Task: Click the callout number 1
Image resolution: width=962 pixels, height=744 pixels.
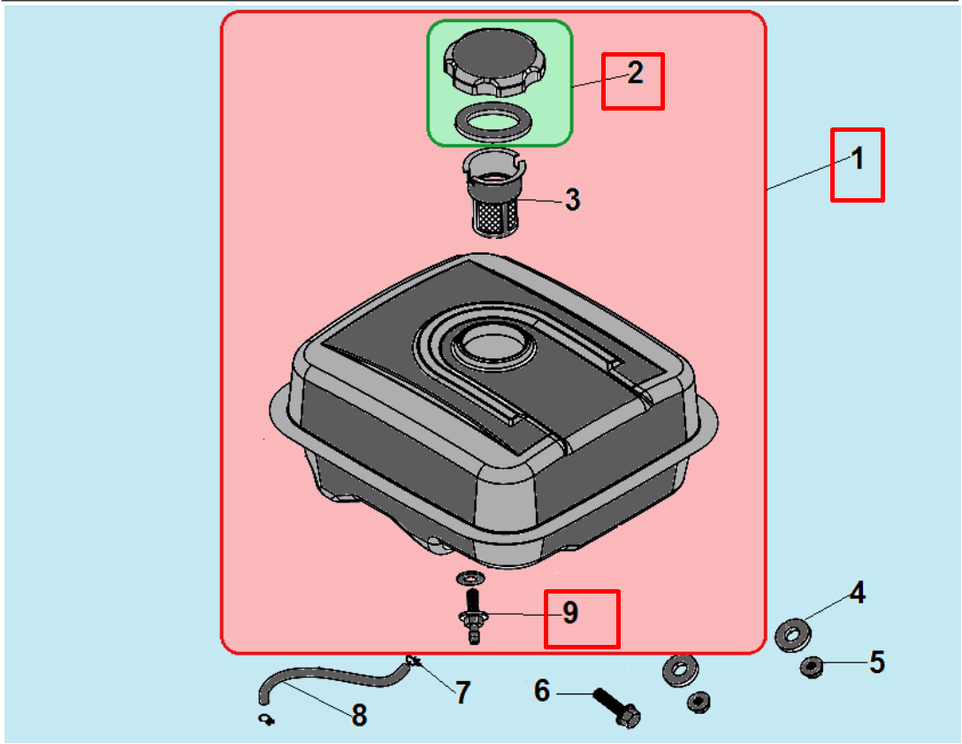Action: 858,158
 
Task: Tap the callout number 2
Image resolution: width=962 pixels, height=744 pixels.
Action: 635,73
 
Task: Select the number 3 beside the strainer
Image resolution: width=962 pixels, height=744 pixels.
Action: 572,200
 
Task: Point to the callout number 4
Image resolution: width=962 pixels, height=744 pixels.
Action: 857,593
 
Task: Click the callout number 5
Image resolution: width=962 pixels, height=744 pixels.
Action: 877,663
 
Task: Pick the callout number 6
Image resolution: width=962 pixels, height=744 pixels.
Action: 542,691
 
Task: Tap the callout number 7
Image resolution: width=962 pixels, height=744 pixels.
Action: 463,693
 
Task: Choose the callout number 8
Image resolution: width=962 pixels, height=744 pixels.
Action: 359,715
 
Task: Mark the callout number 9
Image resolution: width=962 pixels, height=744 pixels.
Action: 570,613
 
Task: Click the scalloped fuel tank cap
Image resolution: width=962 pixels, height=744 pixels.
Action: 494,63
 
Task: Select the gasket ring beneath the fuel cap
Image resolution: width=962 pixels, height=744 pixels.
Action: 493,120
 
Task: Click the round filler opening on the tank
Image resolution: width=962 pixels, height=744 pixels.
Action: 493,345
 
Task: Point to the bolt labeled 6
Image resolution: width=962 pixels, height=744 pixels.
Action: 617,708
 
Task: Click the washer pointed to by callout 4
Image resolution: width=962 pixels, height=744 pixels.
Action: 793,634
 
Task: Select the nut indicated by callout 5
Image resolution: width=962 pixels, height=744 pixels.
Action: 812,667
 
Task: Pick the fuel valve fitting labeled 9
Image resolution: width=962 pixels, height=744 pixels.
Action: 473,617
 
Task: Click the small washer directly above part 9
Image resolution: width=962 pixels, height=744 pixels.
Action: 470,578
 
